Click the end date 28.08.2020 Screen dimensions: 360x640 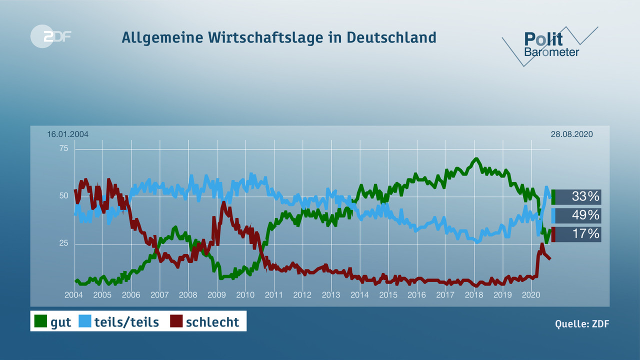[x=571, y=134]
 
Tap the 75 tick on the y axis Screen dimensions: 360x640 [x=64, y=148]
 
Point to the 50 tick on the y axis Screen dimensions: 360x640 [x=64, y=196]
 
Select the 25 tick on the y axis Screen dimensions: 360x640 [x=64, y=243]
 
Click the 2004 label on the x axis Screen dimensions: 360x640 [x=74, y=295]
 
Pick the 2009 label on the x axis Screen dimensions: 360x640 [x=216, y=295]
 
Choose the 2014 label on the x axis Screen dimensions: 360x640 [x=359, y=295]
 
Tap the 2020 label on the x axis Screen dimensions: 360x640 [x=530, y=295]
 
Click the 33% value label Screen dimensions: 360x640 [x=585, y=196]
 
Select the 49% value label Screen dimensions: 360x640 [x=585, y=215]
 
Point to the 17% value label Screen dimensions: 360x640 [x=585, y=233]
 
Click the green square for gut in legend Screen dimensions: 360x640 [x=40, y=321]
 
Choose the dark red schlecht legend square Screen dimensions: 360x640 [x=176, y=321]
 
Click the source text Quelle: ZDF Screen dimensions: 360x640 [x=582, y=323]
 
